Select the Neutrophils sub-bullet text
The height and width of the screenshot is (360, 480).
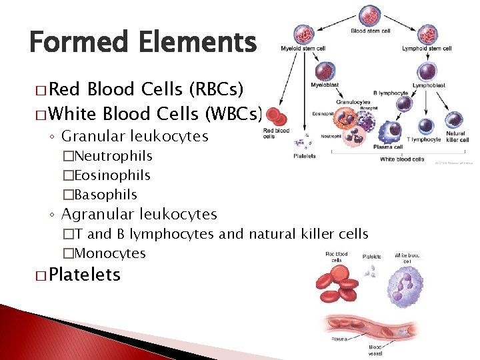[113, 156]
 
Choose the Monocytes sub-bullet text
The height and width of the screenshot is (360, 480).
[109, 253]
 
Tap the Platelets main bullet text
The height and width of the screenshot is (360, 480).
[84, 275]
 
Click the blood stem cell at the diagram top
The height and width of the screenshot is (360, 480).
[370, 17]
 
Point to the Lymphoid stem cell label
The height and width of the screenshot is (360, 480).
[427, 48]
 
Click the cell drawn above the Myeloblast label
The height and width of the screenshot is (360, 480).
[325, 70]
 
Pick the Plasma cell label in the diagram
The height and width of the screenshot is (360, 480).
[388, 146]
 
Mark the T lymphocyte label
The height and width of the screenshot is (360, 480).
[424, 139]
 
